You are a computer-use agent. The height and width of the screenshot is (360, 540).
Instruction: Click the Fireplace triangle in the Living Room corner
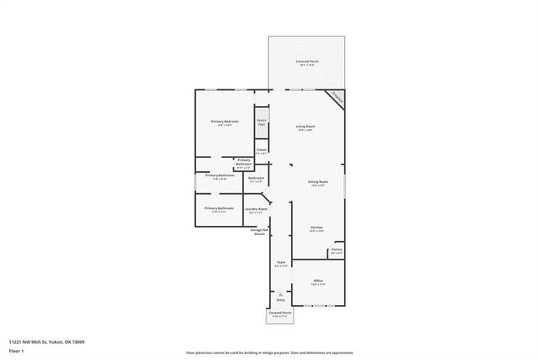(337, 98)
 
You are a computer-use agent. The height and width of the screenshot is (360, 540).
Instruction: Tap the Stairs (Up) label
(262, 122)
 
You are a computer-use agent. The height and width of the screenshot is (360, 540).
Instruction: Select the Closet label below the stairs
(262, 151)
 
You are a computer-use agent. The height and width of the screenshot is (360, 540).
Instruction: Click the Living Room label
(305, 128)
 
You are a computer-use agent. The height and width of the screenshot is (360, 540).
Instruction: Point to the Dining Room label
(317, 183)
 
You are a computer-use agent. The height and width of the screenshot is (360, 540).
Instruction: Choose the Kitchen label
(317, 229)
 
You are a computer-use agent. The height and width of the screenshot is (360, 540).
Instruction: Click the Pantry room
(337, 250)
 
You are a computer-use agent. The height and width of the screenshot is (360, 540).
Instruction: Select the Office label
(318, 282)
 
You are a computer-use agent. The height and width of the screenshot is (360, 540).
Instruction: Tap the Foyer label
(281, 264)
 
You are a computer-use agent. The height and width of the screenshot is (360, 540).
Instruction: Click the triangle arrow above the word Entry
(281, 293)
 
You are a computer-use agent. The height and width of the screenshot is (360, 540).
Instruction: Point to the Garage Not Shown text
(259, 231)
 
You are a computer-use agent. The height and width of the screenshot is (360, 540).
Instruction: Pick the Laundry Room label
(256, 210)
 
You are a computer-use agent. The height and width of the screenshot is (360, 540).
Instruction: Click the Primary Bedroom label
(224, 123)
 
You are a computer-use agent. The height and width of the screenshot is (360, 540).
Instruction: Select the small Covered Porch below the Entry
(280, 314)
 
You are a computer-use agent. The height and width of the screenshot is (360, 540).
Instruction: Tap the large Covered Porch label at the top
(305, 63)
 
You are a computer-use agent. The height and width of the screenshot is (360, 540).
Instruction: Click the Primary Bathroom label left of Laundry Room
(219, 209)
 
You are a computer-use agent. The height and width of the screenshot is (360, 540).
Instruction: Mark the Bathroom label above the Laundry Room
(256, 179)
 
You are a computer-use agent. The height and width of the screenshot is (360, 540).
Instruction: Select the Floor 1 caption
(17, 350)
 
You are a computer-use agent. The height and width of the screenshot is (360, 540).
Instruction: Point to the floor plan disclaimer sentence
(270, 352)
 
